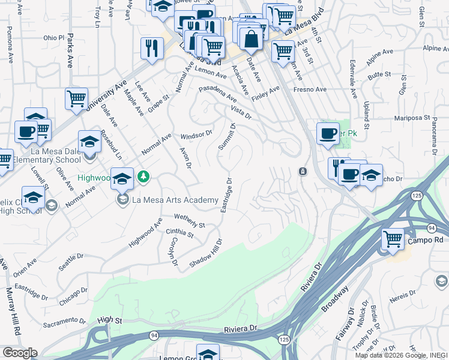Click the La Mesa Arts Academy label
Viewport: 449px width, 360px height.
[175, 200]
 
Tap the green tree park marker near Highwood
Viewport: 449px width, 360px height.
[143, 176]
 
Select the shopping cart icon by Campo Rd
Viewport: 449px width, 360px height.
[393, 239]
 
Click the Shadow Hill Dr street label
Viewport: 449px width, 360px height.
[206, 254]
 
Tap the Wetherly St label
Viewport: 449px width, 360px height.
[190, 220]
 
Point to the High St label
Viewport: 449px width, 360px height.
[109, 320]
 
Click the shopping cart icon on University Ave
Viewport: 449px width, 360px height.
[76, 98]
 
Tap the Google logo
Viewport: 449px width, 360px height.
[20, 353]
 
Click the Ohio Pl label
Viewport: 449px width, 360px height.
[53, 37]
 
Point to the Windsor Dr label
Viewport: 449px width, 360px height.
[197, 136]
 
